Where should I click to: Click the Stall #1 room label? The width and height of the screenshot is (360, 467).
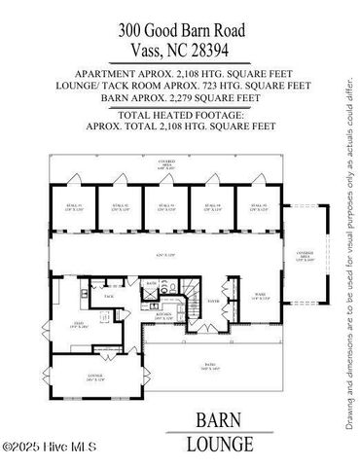tap(76, 207)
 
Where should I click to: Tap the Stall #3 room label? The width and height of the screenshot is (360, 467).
tap(165, 207)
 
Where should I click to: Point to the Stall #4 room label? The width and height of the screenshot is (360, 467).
tap(211, 207)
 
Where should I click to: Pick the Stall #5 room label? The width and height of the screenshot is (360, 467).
tap(257, 207)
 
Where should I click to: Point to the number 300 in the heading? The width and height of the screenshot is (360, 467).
tap(132, 29)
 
